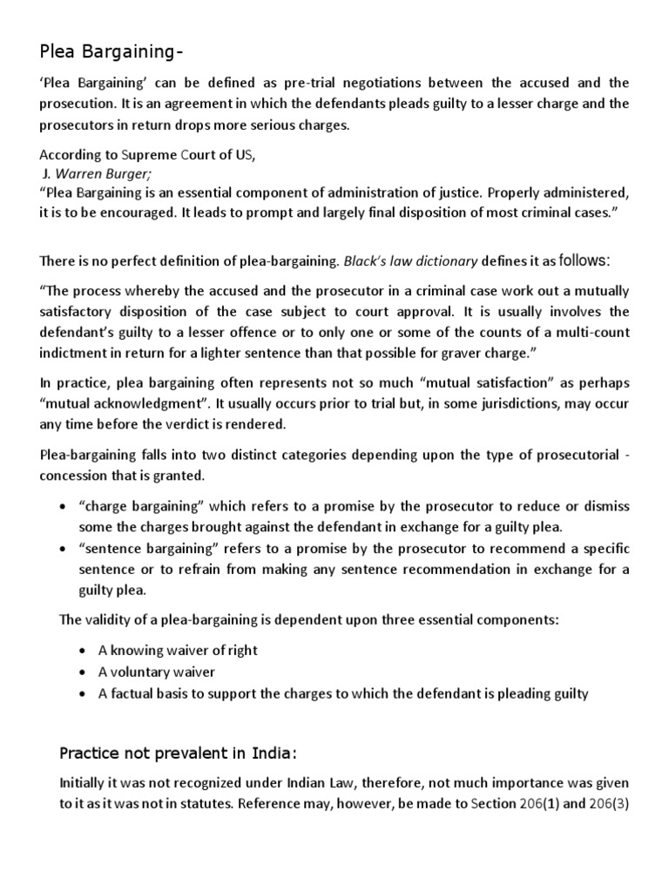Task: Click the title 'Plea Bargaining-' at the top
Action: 111,54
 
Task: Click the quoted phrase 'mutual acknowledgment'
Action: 122,403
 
